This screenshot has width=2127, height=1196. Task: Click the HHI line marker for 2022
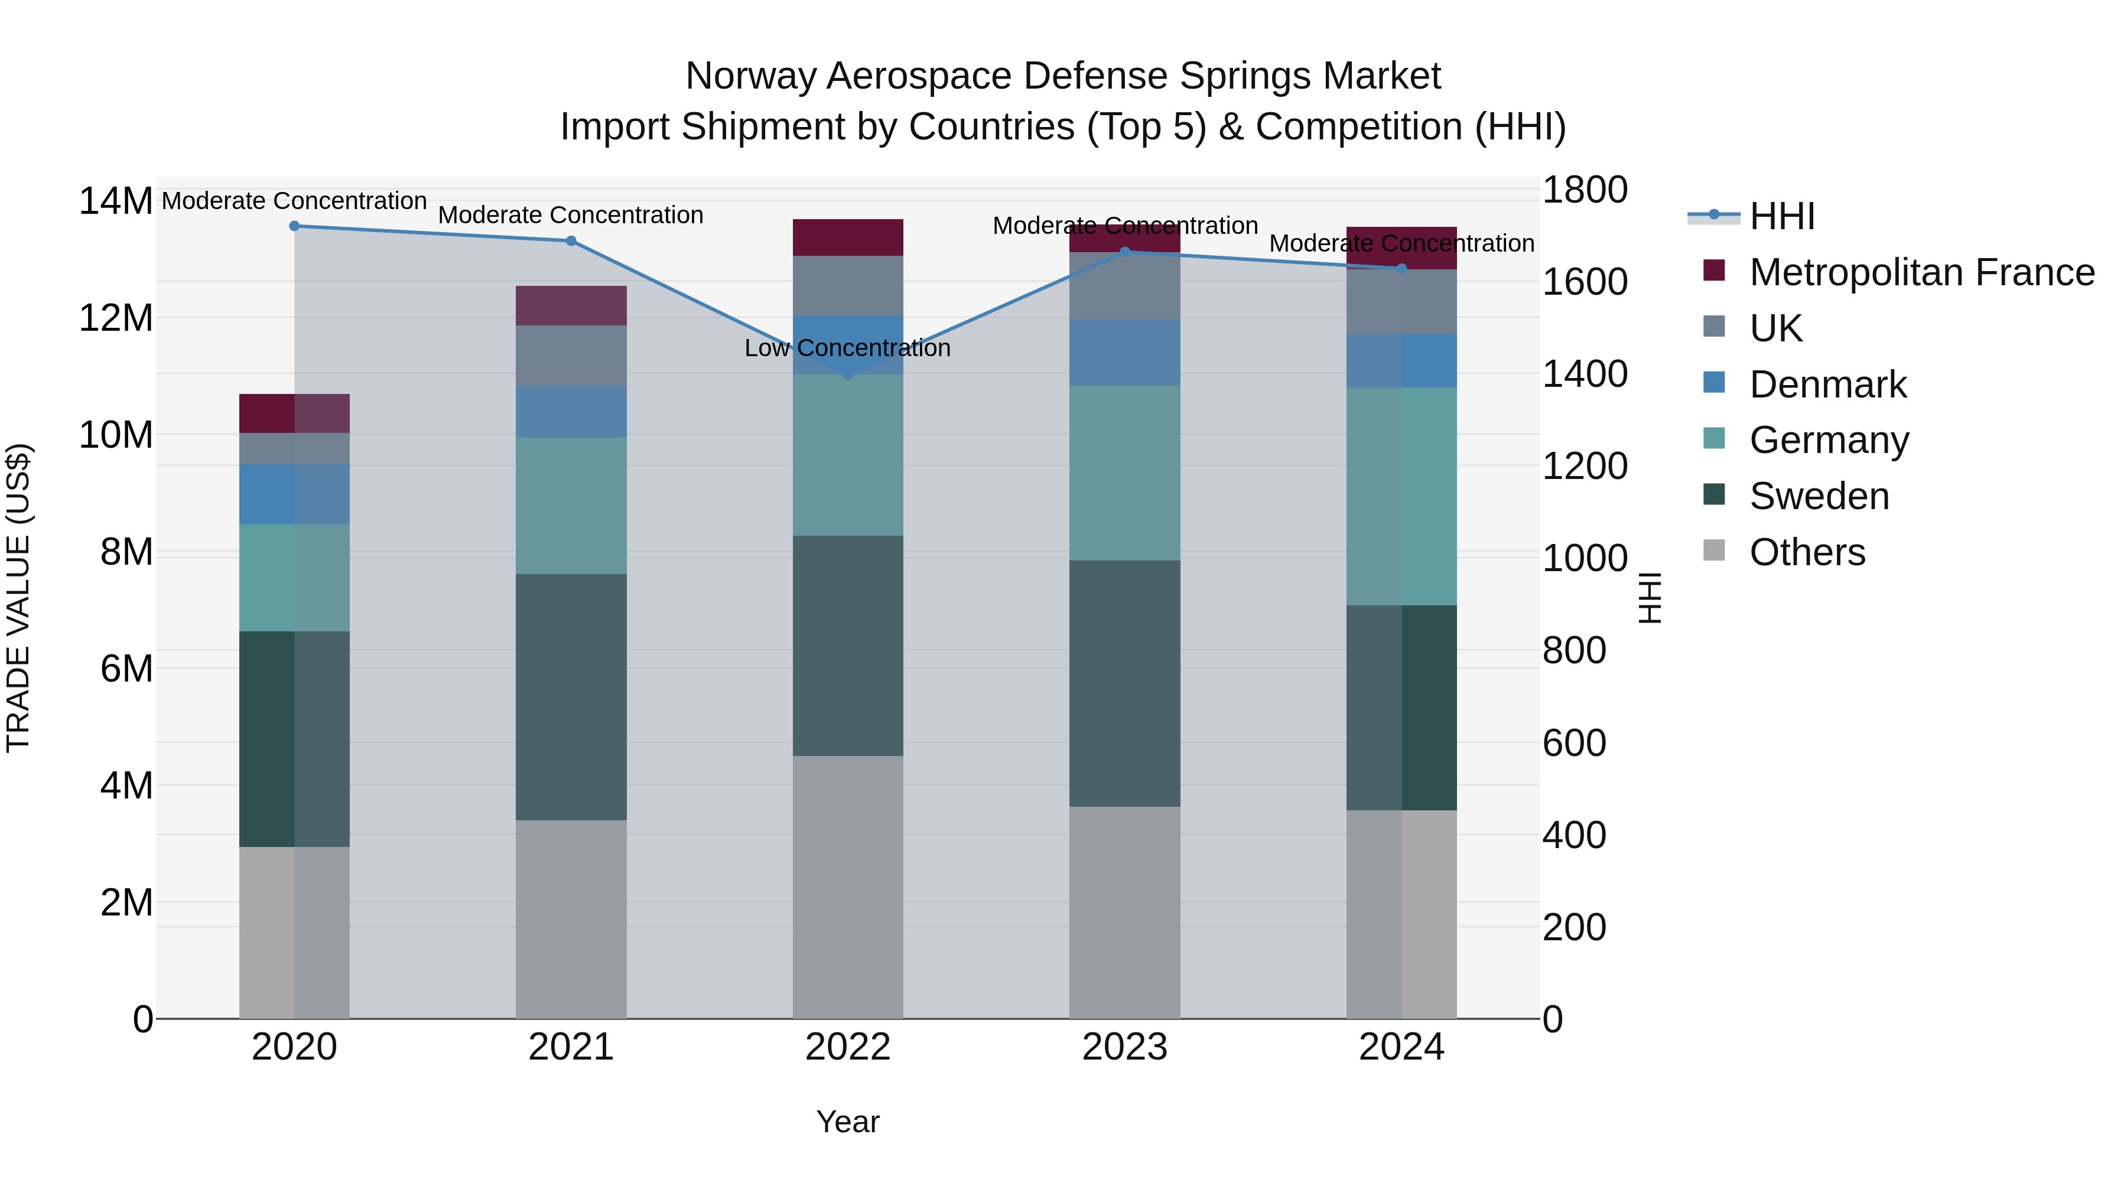(x=848, y=374)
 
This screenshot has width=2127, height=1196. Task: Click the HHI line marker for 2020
(x=295, y=226)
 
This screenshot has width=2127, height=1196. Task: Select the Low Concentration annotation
(x=847, y=348)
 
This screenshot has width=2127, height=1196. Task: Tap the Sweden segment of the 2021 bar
(x=571, y=698)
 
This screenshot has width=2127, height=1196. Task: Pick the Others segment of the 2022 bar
(x=848, y=887)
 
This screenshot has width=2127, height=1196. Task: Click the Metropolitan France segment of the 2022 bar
(x=848, y=237)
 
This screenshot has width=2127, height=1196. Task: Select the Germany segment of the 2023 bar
(x=1124, y=474)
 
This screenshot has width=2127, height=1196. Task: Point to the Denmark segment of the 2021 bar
(x=571, y=413)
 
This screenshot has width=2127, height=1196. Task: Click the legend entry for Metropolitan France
(x=1921, y=272)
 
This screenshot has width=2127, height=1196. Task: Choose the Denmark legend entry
(x=1827, y=384)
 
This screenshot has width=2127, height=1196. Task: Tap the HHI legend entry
(x=1782, y=216)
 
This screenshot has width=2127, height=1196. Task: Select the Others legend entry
(x=1807, y=552)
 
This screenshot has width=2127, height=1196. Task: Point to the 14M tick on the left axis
(x=116, y=201)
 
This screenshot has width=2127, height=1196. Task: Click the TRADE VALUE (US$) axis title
(x=19, y=598)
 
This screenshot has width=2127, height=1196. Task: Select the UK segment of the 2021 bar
(x=571, y=357)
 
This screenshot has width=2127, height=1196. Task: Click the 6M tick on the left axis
(x=126, y=669)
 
